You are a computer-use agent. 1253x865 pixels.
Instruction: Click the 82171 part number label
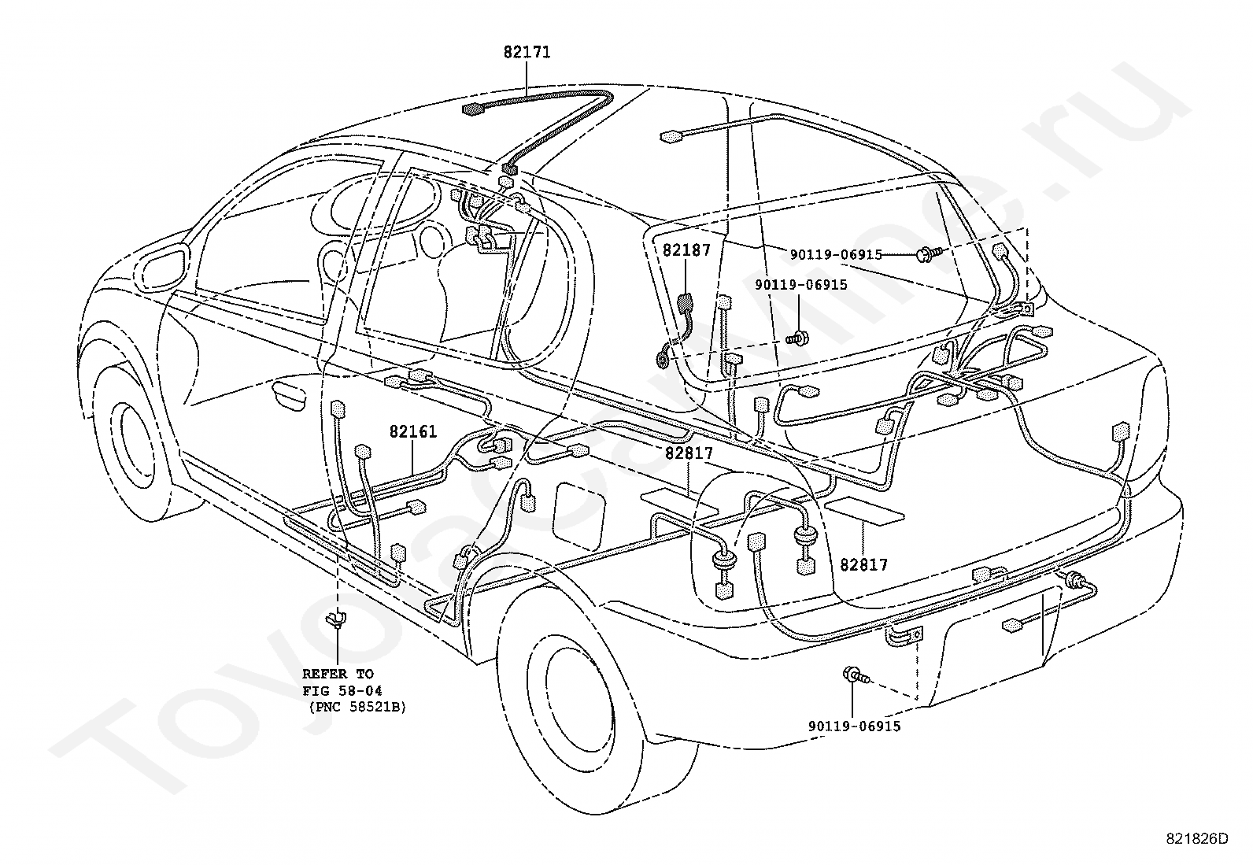click(527, 52)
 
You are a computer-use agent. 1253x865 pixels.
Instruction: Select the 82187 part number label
click(686, 250)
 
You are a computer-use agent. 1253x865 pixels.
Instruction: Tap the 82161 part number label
click(413, 431)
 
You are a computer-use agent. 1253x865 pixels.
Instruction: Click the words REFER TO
click(338, 673)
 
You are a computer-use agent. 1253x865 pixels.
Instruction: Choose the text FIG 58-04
click(342, 690)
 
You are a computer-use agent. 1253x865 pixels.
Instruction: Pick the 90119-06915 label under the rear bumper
click(854, 726)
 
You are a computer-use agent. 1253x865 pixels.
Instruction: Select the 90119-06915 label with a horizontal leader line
click(836, 255)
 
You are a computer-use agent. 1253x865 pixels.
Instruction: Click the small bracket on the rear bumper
click(904, 637)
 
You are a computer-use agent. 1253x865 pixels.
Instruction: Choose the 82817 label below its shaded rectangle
click(863, 565)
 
